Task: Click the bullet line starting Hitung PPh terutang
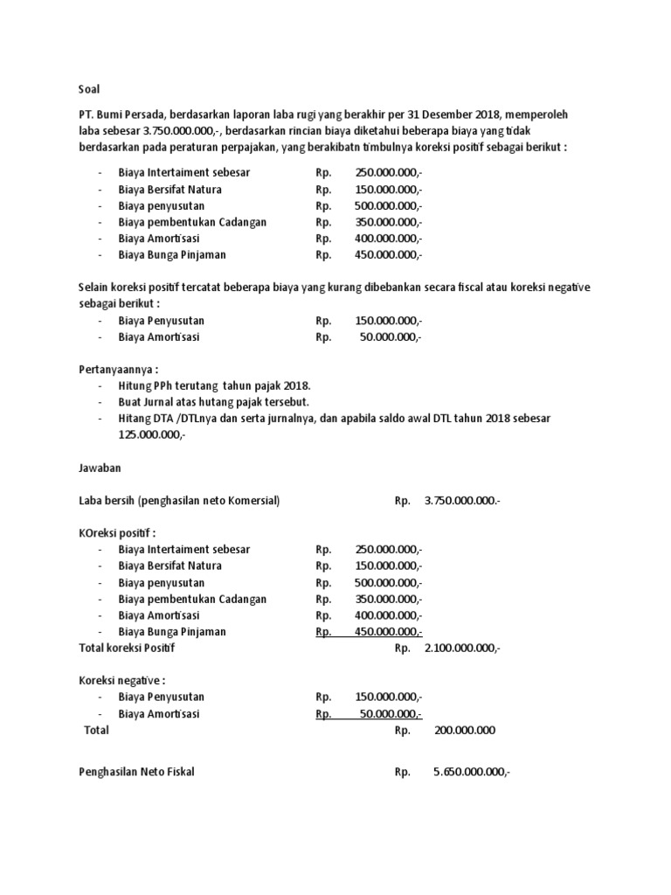point(214,386)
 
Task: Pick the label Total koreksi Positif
point(128,648)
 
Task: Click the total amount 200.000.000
point(464,730)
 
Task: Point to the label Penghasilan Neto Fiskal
point(137,773)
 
